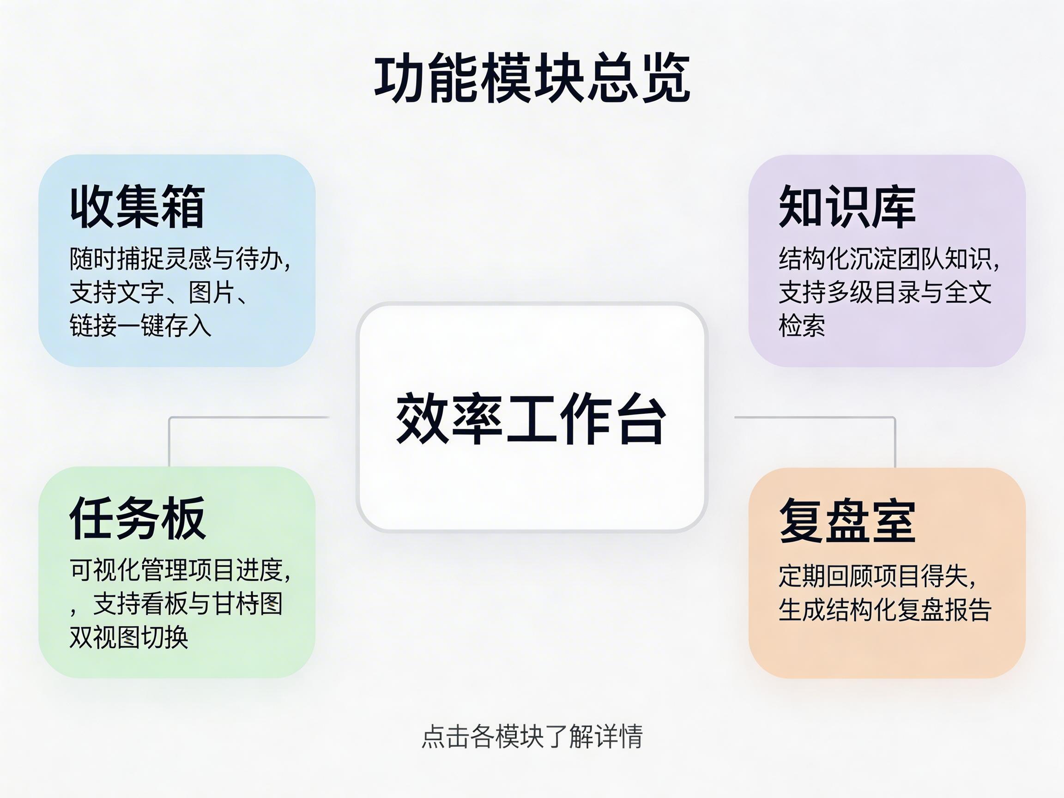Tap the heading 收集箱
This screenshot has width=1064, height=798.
[138, 206]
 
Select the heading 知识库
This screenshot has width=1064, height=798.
[847, 206]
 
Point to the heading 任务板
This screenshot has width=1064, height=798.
[138, 518]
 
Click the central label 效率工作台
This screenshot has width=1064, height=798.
[531, 418]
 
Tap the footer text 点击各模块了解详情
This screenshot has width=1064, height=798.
[532, 737]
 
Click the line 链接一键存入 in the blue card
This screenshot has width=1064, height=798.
[140, 326]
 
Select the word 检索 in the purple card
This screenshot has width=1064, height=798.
[802, 326]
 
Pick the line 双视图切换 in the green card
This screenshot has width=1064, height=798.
[129, 637]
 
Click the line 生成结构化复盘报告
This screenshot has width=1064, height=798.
[885, 610]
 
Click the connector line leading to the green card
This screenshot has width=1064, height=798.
[169, 440]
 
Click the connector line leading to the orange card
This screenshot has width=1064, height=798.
[895, 440]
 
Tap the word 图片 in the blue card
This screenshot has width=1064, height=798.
[212, 292]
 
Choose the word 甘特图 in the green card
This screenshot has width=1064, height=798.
[248, 604]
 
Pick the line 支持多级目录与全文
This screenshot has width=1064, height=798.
[885, 292]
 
